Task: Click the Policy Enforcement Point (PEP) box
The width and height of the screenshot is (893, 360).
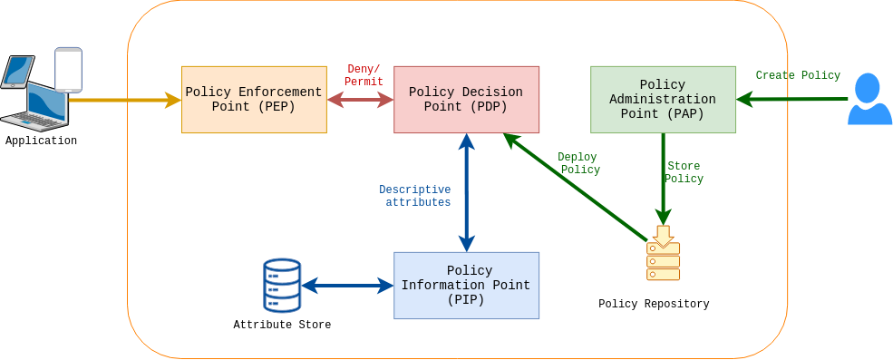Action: (254, 100)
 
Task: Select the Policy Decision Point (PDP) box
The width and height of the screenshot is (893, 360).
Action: (466, 100)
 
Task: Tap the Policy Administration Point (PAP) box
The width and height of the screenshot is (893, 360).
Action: (663, 100)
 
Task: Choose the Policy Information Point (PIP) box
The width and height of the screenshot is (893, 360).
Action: (466, 286)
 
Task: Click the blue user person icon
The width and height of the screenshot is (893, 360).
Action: (869, 99)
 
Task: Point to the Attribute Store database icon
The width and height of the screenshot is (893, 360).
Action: (282, 286)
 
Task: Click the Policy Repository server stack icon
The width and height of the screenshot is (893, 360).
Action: (663, 260)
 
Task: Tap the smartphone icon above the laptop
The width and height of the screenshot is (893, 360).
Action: (68, 70)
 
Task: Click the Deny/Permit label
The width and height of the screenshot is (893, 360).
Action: (364, 76)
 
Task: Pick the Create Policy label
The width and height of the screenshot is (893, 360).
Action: (798, 76)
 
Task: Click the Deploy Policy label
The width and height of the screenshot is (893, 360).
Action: (578, 164)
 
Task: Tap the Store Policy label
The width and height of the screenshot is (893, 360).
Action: (684, 173)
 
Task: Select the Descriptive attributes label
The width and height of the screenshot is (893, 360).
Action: (415, 197)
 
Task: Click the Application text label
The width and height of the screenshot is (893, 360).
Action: (41, 141)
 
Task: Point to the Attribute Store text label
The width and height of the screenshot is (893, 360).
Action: (282, 326)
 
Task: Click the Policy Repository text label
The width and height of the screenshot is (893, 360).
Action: (654, 305)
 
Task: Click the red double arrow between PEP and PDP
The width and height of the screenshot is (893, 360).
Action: (360, 100)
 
